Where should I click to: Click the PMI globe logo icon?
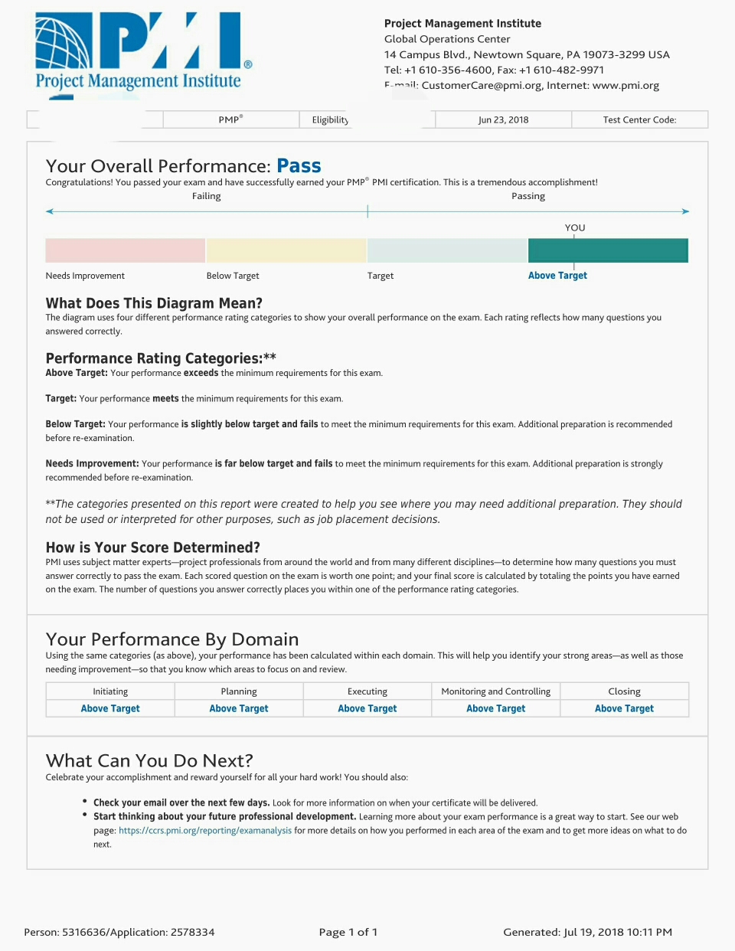pos(63,42)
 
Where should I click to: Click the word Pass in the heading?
pos(299,166)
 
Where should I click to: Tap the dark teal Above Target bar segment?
pos(608,250)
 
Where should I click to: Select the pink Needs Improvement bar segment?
pos(125,250)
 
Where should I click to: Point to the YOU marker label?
pos(575,227)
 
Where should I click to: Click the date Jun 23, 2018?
pos(503,119)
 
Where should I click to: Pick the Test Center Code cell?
pos(639,119)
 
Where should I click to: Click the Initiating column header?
pos(110,691)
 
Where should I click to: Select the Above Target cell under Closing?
pos(624,708)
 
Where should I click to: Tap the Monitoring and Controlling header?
pos(495,691)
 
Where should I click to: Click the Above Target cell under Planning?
pos(239,708)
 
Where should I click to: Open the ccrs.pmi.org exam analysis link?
pos(205,831)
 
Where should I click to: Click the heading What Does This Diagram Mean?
pos(154,303)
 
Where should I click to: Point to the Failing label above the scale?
pos(206,196)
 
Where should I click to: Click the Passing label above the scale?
pos(528,196)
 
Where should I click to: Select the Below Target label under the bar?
pos(233,276)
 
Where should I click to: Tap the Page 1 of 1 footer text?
pos(348,932)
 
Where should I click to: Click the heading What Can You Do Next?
pos(149,760)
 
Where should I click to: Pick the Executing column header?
pos(367,691)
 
